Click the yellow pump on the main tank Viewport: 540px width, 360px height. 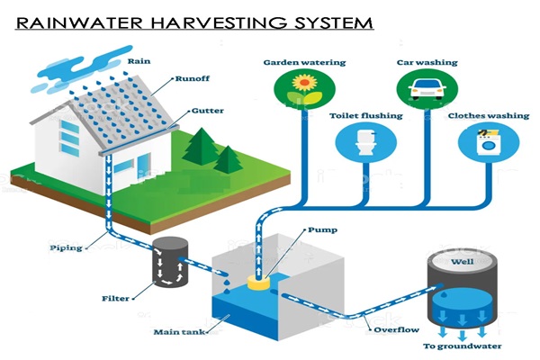[260, 280]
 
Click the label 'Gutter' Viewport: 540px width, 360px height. [202, 112]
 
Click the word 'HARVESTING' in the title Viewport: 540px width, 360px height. [233, 21]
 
